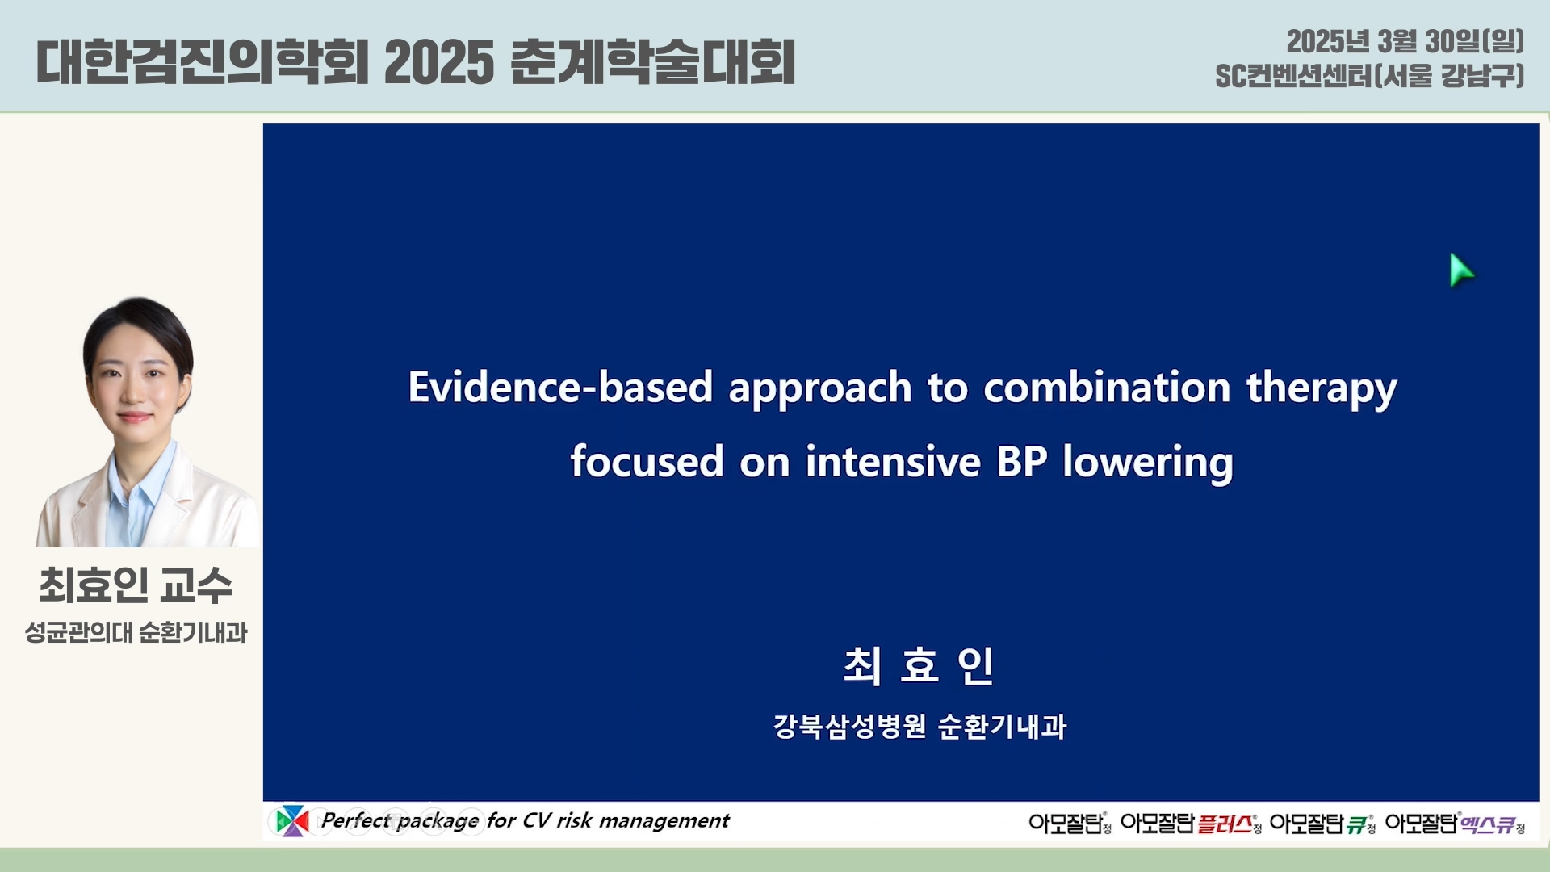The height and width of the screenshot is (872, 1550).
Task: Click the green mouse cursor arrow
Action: click(x=1460, y=270)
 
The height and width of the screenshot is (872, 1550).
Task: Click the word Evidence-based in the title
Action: click(x=560, y=387)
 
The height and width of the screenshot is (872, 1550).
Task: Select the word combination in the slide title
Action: click(x=1107, y=387)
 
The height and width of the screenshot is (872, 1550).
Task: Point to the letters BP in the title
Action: click(x=1022, y=462)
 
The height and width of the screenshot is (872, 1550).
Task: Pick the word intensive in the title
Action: click(x=893, y=462)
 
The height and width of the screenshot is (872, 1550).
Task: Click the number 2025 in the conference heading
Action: click(x=439, y=62)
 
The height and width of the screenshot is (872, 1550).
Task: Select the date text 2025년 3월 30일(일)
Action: click(x=1405, y=41)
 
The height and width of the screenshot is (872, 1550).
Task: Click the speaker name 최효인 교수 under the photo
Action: click(x=136, y=585)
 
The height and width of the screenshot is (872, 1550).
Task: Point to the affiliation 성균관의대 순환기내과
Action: click(x=136, y=632)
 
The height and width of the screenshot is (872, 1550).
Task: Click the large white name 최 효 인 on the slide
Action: click(x=919, y=666)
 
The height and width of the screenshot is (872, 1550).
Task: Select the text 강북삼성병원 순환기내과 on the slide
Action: click(x=920, y=726)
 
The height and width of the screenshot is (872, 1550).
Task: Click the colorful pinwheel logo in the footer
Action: click(x=291, y=821)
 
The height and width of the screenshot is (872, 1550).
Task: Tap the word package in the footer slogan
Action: click(x=438, y=821)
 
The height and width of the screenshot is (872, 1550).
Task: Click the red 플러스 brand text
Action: click(x=1225, y=824)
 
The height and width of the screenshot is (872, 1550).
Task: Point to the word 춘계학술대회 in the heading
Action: click(x=654, y=62)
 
